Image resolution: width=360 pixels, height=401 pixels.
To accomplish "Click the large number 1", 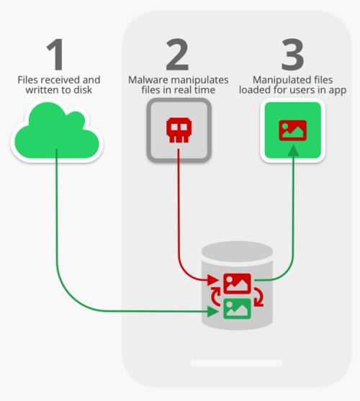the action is (x=55, y=55).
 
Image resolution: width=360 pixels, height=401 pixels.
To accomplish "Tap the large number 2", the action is (x=177, y=55).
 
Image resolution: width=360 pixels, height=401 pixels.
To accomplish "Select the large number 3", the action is (x=293, y=55).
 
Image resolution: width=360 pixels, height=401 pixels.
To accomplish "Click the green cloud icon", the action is (x=57, y=131).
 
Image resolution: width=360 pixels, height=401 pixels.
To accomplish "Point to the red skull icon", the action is (x=179, y=130).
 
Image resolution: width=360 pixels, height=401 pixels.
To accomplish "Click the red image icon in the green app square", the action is (x=293, y=130).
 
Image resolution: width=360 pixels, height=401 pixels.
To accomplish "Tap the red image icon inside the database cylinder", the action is (x=237, y=284).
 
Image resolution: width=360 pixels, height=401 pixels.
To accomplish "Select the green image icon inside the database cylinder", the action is (x=237, y=309).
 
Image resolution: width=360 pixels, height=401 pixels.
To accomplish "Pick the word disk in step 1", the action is (x=82, y=90).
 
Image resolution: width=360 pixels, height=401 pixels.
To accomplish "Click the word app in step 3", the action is (x=338, y=91).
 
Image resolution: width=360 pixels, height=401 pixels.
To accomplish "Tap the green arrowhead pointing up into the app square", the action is (x=293, y=150).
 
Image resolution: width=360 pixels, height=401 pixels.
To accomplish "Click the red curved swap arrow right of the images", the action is (x=258, y=297).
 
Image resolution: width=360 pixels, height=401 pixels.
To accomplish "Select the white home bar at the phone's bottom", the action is (x=237, y=363).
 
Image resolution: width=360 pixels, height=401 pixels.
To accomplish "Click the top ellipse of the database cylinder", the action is (x=237, y=252).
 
